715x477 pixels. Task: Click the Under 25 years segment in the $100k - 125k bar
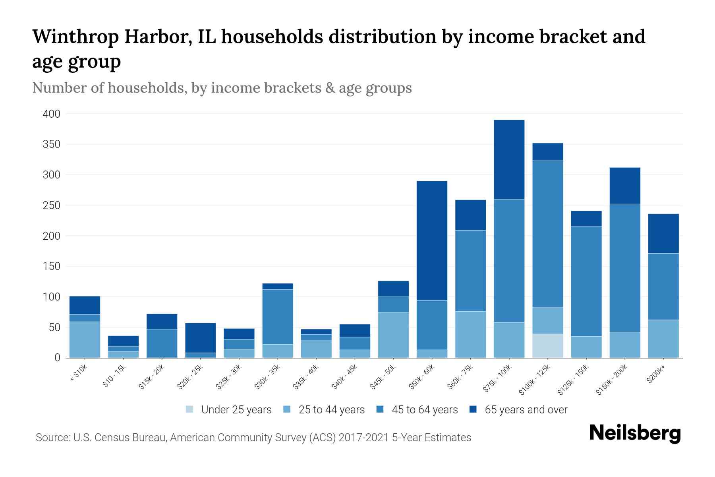pos(547,345)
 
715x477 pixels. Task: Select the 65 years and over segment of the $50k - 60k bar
pos(432,240)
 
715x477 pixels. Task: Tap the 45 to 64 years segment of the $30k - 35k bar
pos(278,316)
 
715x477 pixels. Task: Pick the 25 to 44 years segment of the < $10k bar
pos(85,339)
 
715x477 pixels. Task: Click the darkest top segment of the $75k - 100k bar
pos(509,159)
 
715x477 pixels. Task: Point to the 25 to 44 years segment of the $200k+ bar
pos(663,339)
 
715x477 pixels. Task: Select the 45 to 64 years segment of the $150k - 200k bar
pos(624,268)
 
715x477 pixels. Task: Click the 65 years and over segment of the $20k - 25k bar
pos(200,337)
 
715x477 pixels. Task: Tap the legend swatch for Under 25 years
pos(190,409)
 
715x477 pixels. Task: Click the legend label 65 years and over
pos(526,410)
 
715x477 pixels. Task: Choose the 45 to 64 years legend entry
pos(424,410)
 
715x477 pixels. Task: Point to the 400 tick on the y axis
pos(52,114)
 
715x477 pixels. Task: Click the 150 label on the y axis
pos(52,266)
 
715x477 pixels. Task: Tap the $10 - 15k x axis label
pos(114,376)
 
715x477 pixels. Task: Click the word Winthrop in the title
pos(75,37)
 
